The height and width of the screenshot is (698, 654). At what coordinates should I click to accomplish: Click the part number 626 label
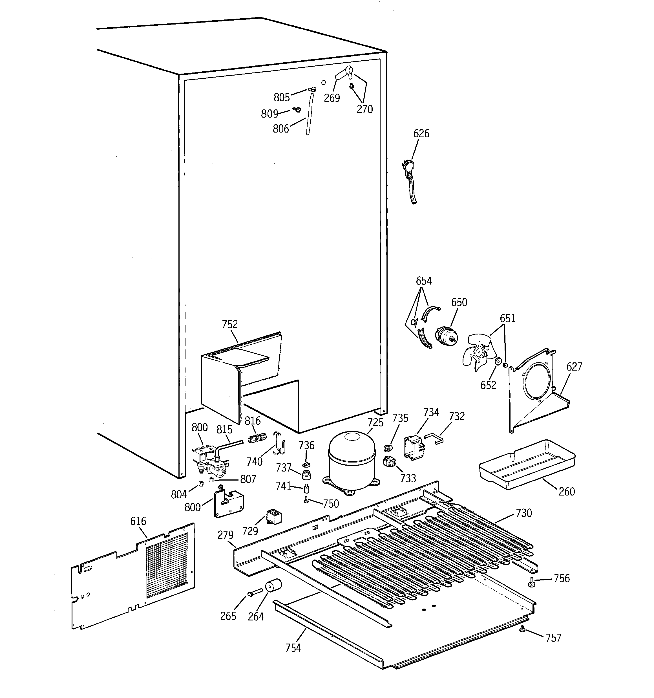coord(421,133)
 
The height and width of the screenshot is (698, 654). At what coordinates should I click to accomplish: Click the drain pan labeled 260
coord(527,463)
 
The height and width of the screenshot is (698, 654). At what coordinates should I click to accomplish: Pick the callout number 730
coord(524,513)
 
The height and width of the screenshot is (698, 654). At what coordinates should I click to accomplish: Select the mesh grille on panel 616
coord(167,565)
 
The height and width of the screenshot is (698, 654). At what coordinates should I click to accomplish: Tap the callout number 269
coord(332,98)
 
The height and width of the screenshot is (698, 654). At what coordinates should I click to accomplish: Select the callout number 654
coord(424,281)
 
